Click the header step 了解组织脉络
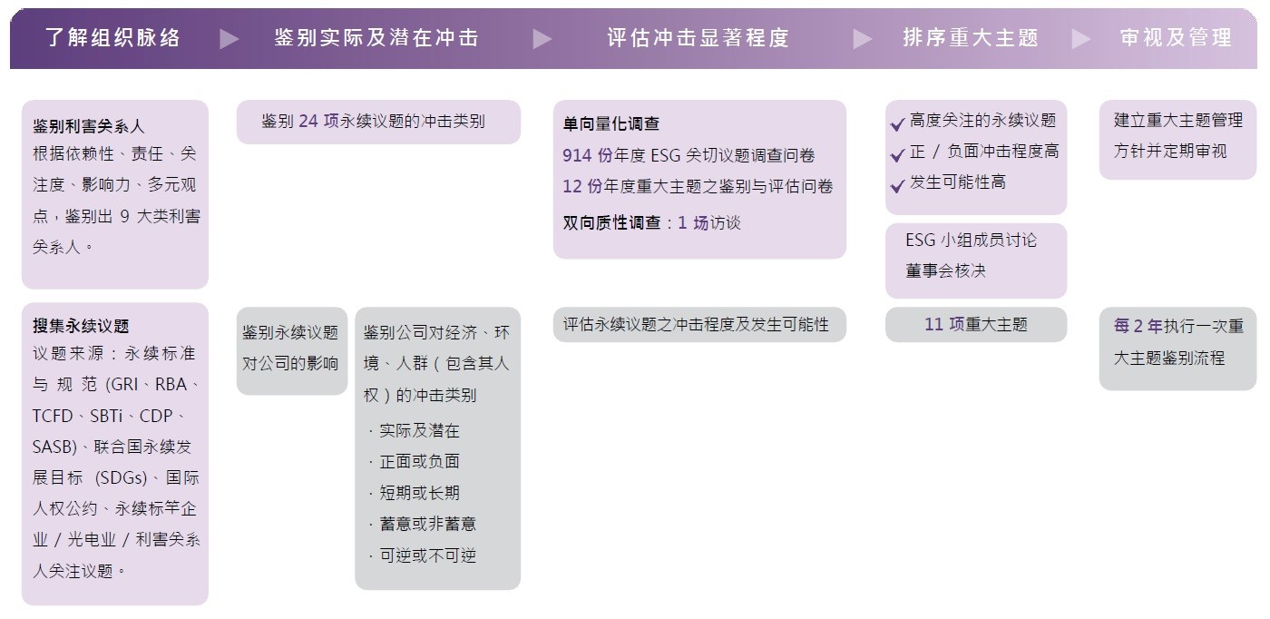pyautogui.click(x=112, y=38)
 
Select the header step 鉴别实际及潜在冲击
pyautogui.click(x=376, y=38)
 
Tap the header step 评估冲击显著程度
pyautogui.click(x=698, y=38)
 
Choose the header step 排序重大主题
pyautogui.click(x=971, y=38)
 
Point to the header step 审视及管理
pyautogui.click(x=1176, y=38)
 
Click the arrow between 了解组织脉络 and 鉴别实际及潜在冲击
pyautogui.click(x=229, y=39)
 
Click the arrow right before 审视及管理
pyautogui.click(x=1081, y=39)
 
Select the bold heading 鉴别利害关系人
pyautogui.click(x=89, y=126)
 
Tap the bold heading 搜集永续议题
pyautogui.click(x=81, y=326)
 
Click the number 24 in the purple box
pyautogui.click(x=308, y=121)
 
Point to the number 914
pyautogui.click(x=577, y=155)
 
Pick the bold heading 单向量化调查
pyautogui.click(x=611, y=123)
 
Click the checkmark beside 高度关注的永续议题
pyautogui.click(x=897, y=123)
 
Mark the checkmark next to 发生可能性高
pyautogui.click(x=897, y=185)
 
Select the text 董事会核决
pyautogui.click(x=945, y=270)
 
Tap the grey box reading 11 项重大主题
pyautogui.click(x=976, y=325)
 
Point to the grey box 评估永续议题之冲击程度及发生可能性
pyautogui.click(x=699, y=325)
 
